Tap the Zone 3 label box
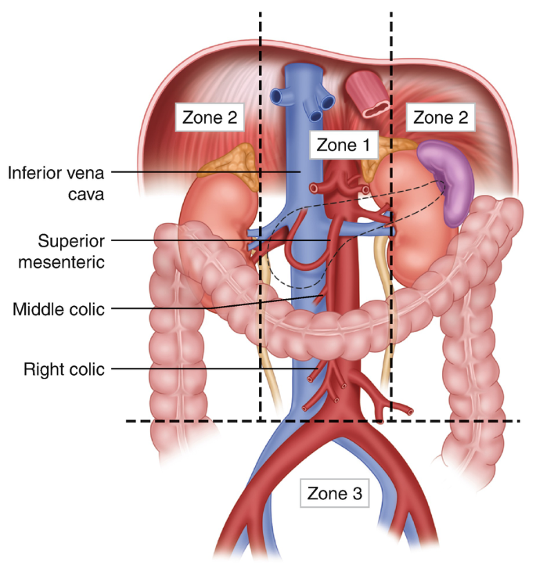point(334,494)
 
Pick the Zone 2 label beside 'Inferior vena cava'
point(210,117)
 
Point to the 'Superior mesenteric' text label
point(59,250)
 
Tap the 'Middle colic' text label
point(58,309)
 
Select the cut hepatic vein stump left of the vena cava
point(279,96)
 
